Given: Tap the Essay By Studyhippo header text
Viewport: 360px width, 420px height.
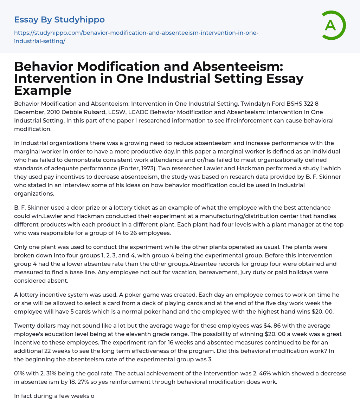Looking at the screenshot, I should [59, 19].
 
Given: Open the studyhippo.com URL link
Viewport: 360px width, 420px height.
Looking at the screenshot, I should [136, 37].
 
